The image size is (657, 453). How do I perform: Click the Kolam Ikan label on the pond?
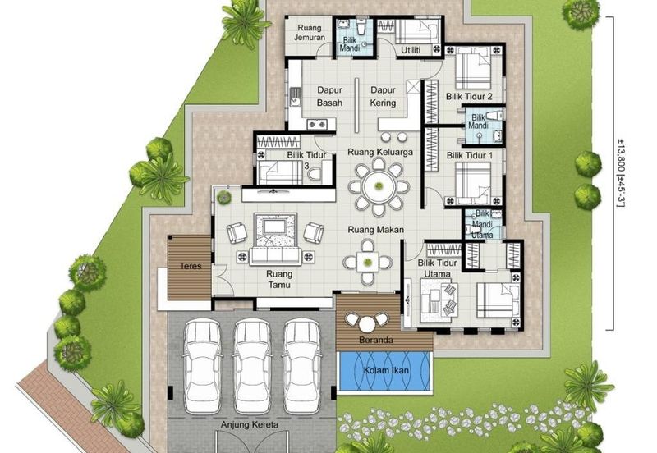[386, 370]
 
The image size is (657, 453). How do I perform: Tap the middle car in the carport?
[252, 366]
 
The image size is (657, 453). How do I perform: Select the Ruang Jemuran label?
[310, 32]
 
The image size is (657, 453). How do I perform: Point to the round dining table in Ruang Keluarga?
[379, 186]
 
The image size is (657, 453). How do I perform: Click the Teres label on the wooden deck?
[191, 266]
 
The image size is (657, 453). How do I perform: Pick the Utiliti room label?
[411, 50]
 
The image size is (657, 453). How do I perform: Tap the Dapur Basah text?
[329, 96]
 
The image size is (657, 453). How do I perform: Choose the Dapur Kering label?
[383, 96]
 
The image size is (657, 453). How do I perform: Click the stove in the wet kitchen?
[317, 125]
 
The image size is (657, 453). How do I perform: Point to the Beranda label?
[376, 340]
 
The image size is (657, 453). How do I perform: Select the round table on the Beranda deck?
[366, 324]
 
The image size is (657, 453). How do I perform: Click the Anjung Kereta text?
[250, 424]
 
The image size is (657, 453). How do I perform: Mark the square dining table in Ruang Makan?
[367, 263]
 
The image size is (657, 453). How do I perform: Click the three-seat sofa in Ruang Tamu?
[275, 256]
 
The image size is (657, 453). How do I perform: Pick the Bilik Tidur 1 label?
[469, 155]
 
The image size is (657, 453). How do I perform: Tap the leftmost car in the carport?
[202, 366]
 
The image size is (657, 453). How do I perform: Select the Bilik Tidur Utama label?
[437, 268]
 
